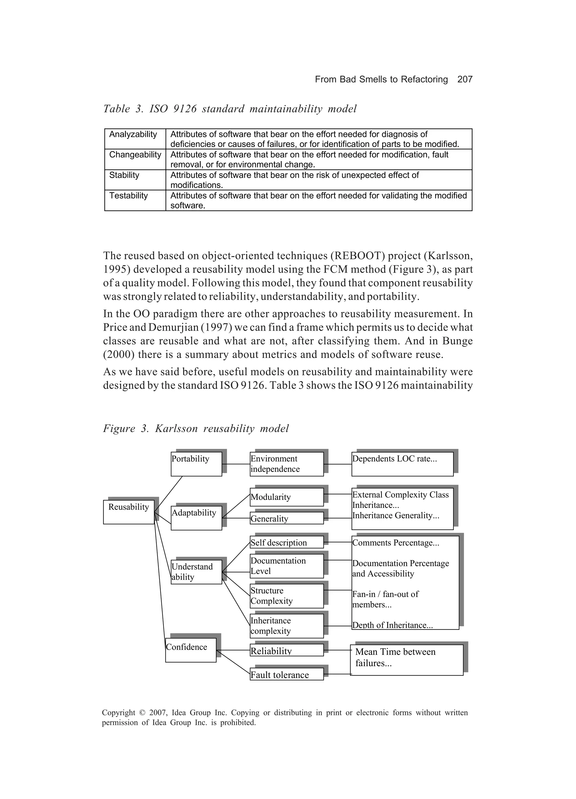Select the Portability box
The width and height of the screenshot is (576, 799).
196,464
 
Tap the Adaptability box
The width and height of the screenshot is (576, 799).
196,518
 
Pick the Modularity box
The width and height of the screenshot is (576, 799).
286,497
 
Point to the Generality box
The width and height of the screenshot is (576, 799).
286,518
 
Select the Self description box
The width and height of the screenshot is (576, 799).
286,542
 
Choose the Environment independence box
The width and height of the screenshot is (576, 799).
286,464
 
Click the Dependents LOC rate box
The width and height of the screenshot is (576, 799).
402,464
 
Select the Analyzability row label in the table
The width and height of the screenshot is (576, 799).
133,135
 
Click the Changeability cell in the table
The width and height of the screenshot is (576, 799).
135,155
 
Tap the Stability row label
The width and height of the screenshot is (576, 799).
124,175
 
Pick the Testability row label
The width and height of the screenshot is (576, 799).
129,196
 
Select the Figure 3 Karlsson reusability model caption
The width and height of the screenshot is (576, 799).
196,428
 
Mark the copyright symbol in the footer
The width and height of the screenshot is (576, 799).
142,713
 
